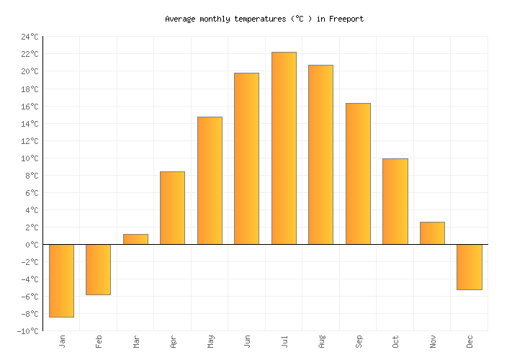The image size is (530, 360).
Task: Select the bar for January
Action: click(x=61, y=281)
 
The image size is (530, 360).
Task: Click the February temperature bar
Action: click(x=98, y=270)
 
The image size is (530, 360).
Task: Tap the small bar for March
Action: click(x=135, y=239)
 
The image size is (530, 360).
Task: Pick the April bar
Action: click(x=172, y=208)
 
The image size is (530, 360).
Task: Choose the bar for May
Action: click(x=210, y=181)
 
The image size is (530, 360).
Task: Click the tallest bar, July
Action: click(x=284, y=148)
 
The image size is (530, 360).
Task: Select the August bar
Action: click(x=320, y=155)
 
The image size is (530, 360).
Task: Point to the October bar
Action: click(x=395, y=202)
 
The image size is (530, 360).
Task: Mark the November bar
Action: click(x=432, y=233)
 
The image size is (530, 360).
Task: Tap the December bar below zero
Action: click(x=469, y=267)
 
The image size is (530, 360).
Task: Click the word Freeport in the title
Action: click(x=346, y=19)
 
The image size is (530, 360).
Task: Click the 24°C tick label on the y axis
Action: click(x=30, y=37)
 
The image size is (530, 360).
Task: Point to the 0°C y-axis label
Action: click(x=32, y=245)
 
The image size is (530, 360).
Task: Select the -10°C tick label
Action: click(x=27, y=331)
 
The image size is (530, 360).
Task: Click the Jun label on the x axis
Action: click(x=247, y=341)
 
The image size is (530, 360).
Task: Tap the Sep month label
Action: click(x=358, y=341)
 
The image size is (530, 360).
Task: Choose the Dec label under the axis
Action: click(x=470, y=341)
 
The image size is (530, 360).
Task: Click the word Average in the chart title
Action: click(x=180, y=19)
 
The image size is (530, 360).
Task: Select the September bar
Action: click(x=358, y=174)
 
